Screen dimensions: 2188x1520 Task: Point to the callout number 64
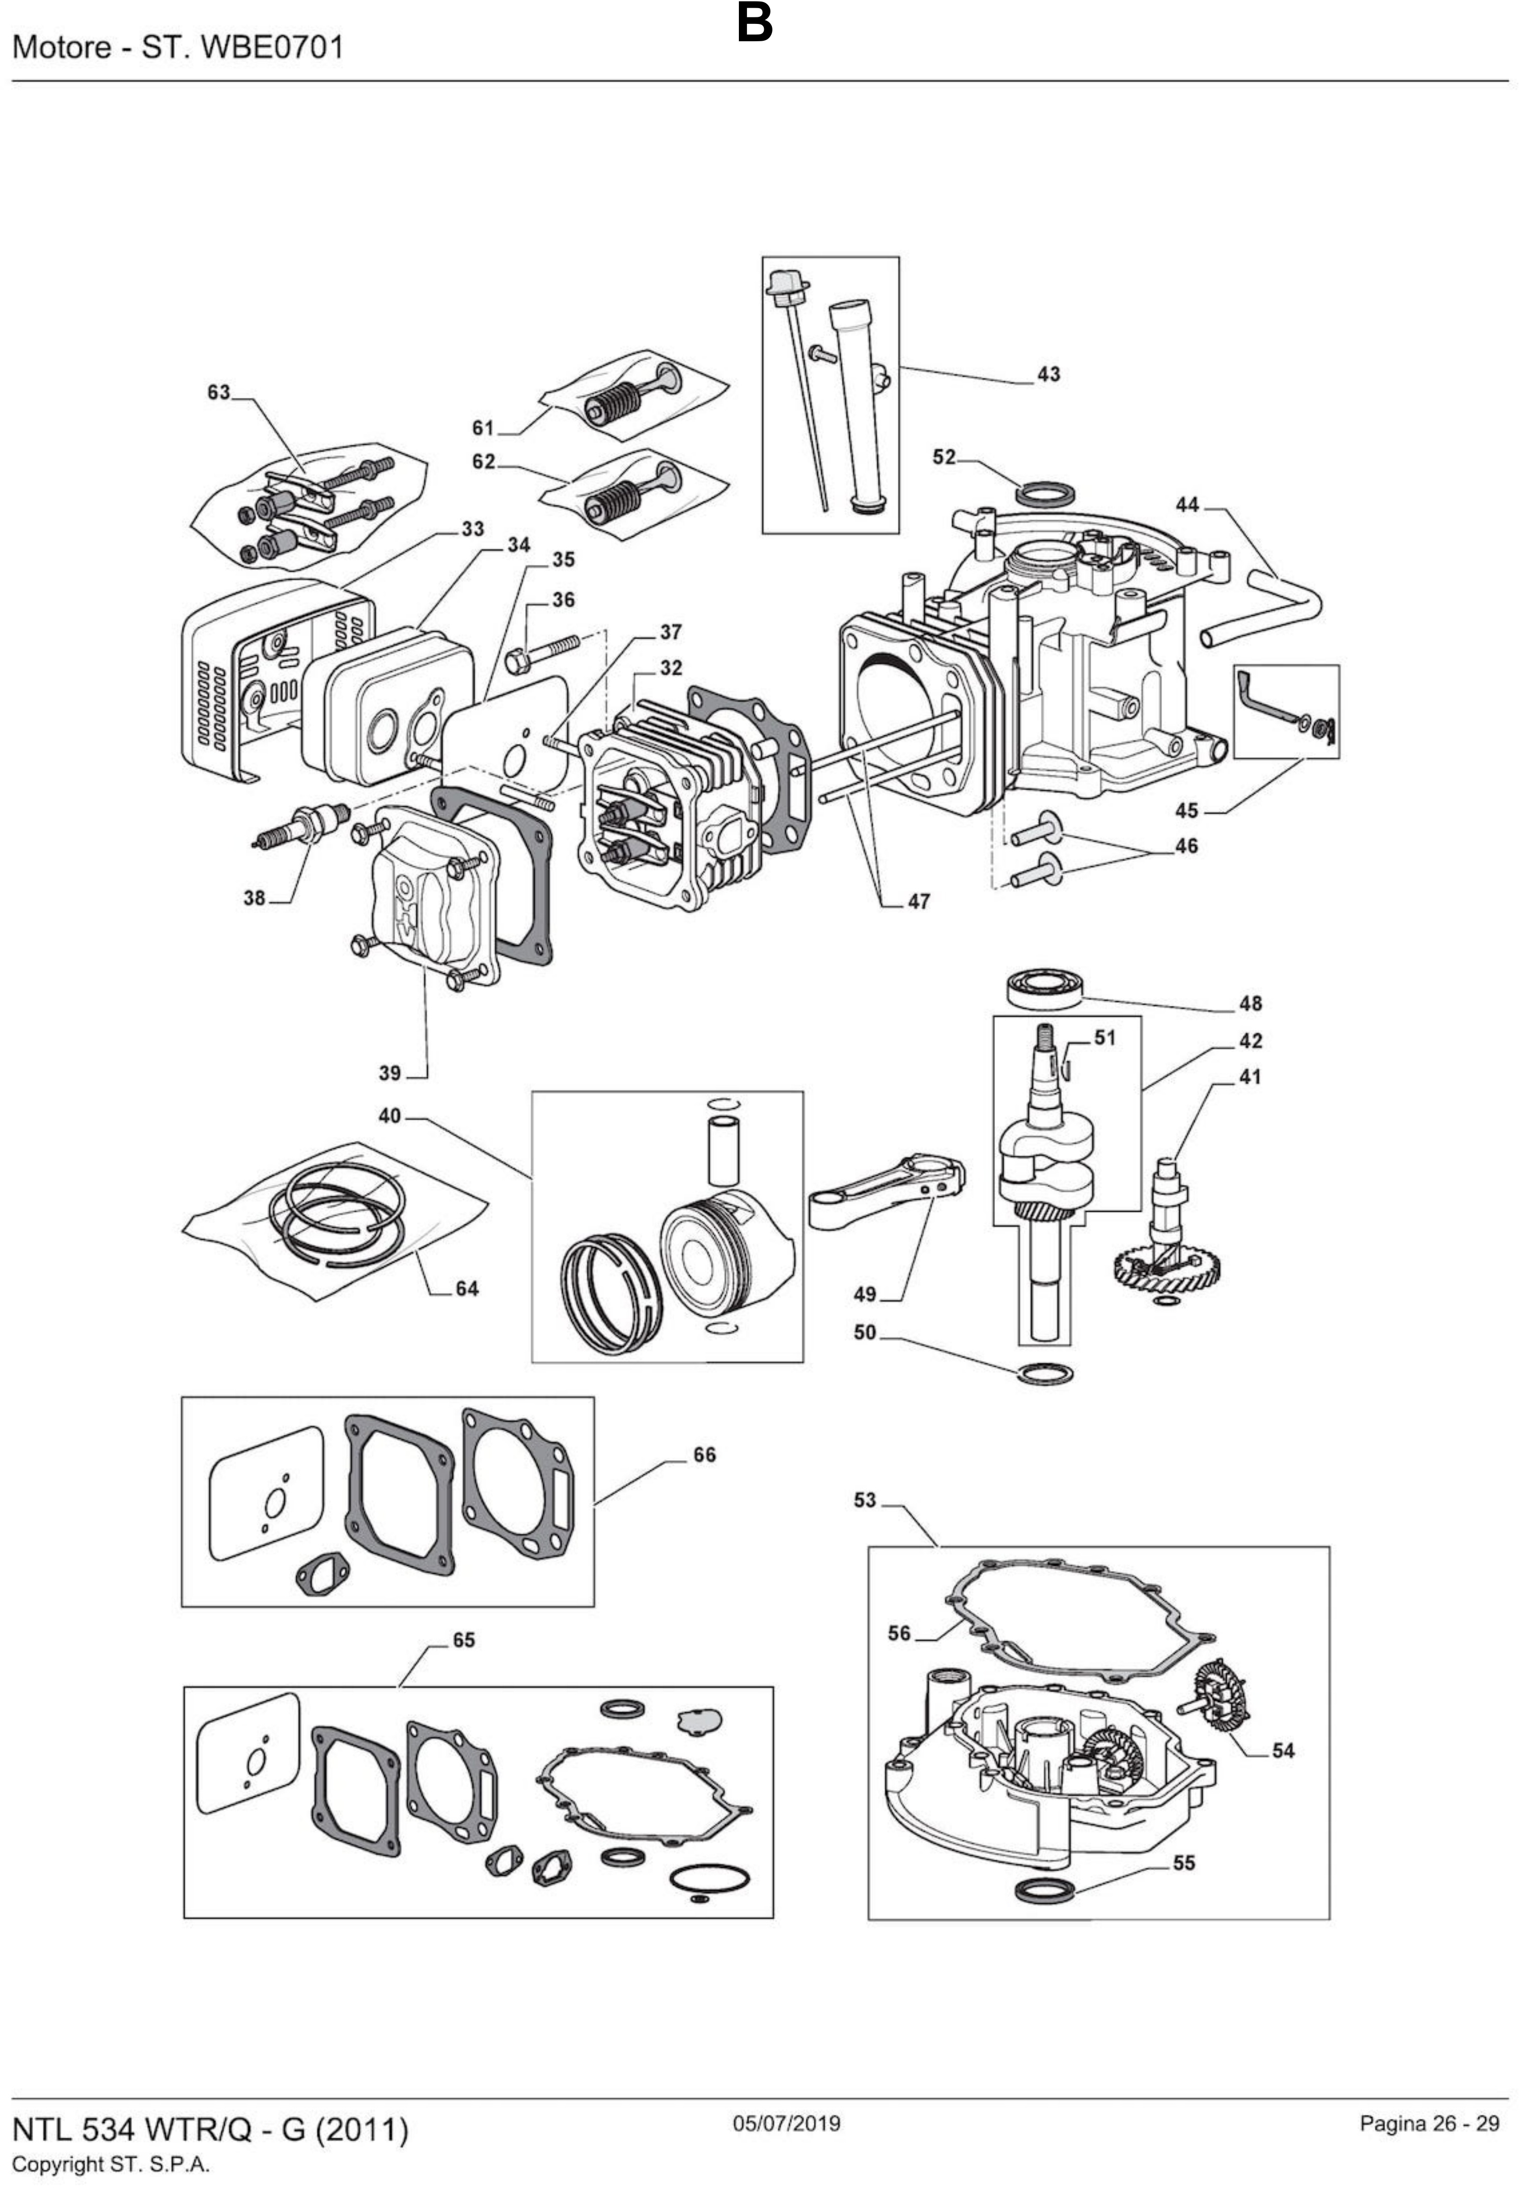click(x=466, y=1289)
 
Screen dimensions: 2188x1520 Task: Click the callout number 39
click(x=390, y=1074)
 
